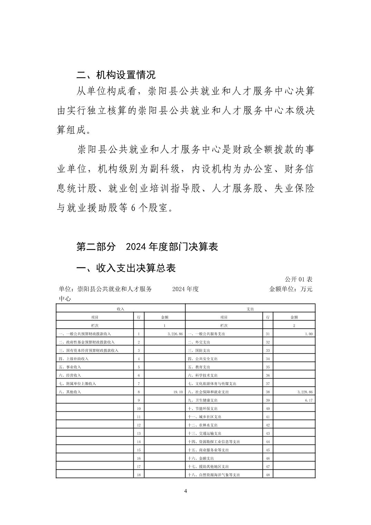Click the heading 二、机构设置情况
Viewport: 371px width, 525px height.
[116, 75]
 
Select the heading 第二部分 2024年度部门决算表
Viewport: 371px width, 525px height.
[147, 247]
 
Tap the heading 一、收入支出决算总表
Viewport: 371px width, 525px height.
[126, 268]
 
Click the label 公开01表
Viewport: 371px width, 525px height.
[298, 279]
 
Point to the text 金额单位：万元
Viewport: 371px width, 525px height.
[291, 289]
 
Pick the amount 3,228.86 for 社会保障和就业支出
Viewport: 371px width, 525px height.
[304, 392]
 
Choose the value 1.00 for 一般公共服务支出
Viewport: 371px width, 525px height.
[308, 334]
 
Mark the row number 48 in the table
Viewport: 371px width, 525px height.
[268, 475]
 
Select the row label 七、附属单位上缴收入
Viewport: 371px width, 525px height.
[77, 384]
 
